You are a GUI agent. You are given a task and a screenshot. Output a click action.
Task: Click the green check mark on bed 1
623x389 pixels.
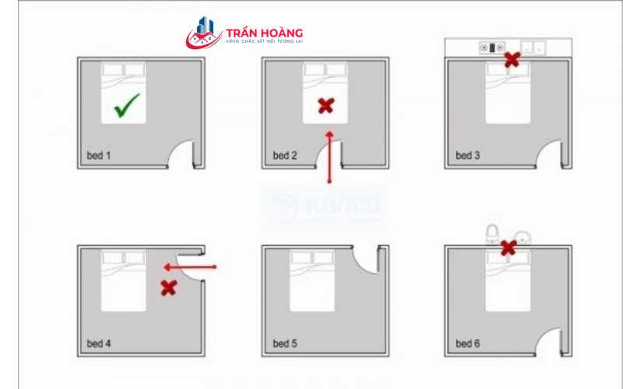coord(126,106)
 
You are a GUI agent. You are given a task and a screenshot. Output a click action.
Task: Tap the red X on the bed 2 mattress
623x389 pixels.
coord(326,106)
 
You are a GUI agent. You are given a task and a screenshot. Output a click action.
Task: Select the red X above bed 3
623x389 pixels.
coord(512,59)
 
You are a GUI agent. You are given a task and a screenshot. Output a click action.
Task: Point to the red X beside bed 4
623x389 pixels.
coord(167,288)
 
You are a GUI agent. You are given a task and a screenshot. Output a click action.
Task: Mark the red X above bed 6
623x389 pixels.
coord(508,247)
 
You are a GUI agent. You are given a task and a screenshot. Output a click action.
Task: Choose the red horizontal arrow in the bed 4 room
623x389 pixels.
coord(190,267)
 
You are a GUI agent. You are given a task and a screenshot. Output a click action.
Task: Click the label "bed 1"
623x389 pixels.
coord(99,156)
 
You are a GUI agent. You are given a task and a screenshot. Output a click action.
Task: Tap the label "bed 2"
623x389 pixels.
coord(285,156)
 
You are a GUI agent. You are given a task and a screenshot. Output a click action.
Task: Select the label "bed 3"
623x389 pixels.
coord(468,156)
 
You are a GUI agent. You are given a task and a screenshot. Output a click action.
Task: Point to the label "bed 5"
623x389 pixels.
coord(285,343)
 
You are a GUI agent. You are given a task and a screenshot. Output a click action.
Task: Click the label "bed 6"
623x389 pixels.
coord(468,343)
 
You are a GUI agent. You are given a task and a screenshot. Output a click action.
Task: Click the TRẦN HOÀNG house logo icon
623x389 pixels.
coord(204,33)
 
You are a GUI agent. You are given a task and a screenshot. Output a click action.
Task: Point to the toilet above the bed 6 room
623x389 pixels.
coord(492,233)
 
